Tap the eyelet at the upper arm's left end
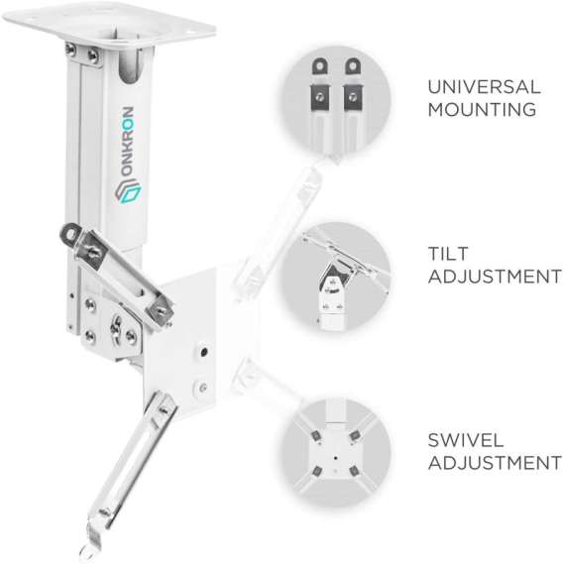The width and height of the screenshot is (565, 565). coord(68,233)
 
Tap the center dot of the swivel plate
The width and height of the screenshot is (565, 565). coord(336,459)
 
